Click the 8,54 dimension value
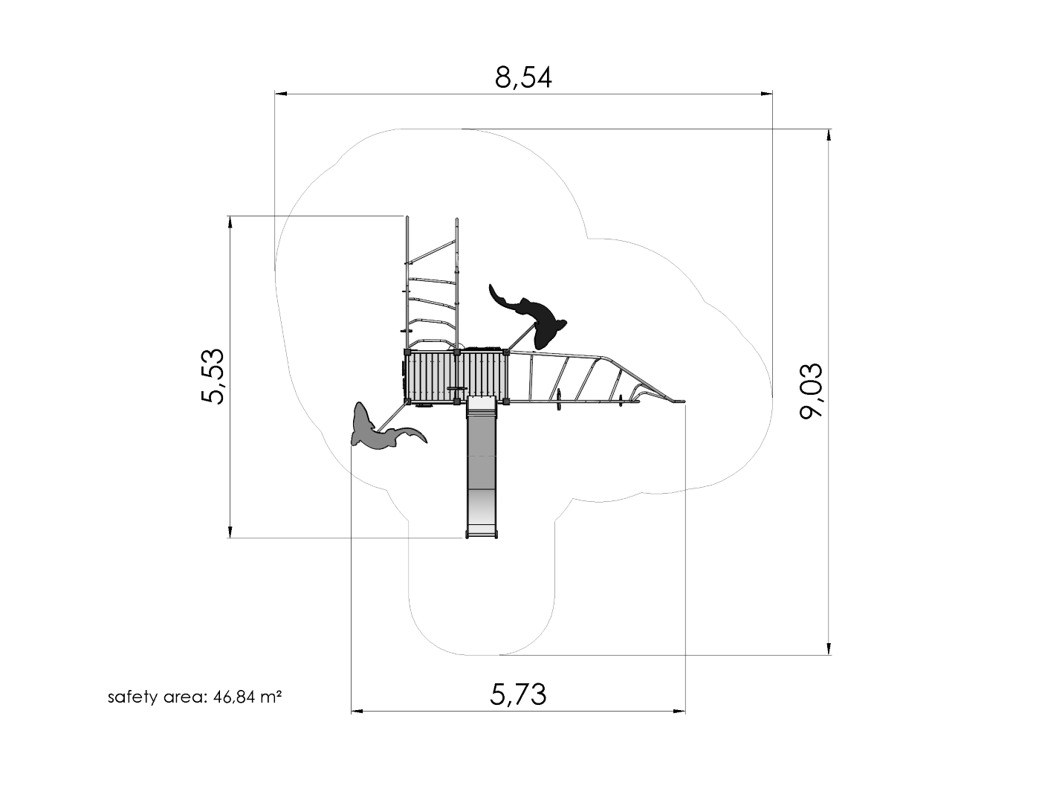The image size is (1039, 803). coord(523,78)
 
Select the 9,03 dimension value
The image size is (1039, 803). coord(812,391)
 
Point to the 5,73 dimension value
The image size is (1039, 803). coord(518,695)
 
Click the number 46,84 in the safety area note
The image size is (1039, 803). coord(234,697)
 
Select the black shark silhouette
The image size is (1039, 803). coord(530,316)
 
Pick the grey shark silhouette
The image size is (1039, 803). coord(383,429)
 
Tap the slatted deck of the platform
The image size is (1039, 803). coord(456,377)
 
